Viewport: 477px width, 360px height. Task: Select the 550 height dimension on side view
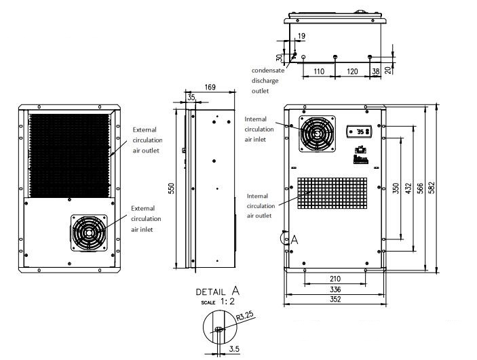(172, 188)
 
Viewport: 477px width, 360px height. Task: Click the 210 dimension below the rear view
(335, 278)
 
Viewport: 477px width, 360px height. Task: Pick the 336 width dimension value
(335, 289)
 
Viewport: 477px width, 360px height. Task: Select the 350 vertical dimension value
(396, 188)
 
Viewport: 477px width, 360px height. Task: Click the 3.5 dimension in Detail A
(234, 349)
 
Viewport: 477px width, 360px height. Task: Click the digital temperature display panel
(359, 132)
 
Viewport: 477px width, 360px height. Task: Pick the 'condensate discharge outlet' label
(270, 80)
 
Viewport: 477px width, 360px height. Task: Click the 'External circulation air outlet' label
(146, 140)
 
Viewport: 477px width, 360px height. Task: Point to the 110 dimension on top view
(319, 71)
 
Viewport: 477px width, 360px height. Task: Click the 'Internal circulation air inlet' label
(259, 129)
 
